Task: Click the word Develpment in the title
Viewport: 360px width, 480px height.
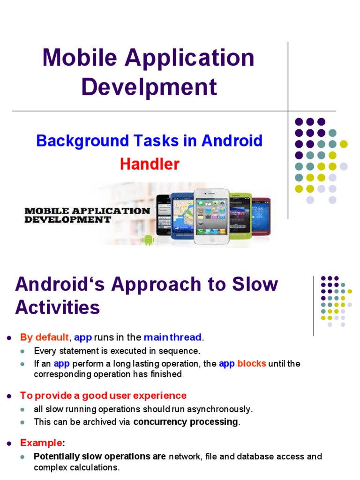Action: click(149, 87)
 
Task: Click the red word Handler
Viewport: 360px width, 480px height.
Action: click(150, 164)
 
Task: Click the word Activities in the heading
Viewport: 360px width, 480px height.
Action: click(57, 307)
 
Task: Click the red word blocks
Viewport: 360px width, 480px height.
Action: click(252, 364)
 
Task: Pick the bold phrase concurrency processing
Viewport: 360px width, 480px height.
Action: click(186, 421)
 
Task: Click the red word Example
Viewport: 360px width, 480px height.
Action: click(41, 442)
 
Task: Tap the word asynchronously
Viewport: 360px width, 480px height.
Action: click(224, 409)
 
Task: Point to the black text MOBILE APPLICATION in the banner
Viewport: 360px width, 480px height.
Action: click(87, 211)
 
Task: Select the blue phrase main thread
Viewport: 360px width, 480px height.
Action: click(173, 337)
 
